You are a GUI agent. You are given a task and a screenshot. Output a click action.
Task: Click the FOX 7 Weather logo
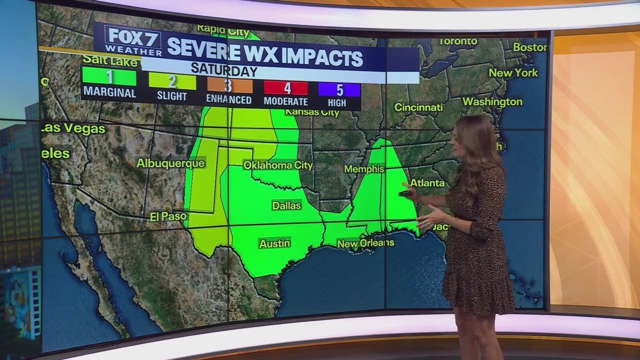tap(133, 41)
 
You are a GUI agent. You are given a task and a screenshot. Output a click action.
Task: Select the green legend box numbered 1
tap(109, 77)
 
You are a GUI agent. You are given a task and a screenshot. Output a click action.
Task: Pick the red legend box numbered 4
tap(286, 88)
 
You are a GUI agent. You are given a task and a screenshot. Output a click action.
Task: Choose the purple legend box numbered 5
tap(339, 90)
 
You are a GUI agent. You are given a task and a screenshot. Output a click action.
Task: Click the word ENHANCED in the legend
tap(229, 100)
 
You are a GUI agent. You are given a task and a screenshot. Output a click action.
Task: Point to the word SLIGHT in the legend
tap(172, 96)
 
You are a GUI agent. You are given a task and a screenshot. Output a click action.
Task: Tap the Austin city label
tap(274, 243)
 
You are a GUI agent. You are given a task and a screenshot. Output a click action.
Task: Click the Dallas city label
tap(286, 205)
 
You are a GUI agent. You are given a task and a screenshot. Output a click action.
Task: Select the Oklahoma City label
tap(278, 165)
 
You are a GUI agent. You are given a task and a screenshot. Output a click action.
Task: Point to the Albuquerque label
tap(170, 163)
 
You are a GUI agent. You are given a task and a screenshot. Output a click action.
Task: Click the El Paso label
tap(168, 216)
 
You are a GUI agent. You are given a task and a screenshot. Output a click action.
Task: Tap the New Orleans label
tap(365, 243)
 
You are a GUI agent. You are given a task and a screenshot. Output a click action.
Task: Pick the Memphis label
tap(364, 169)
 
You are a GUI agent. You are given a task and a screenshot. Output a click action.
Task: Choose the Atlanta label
tap(427, 183)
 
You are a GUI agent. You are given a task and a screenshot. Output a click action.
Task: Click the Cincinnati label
tap(418, 107)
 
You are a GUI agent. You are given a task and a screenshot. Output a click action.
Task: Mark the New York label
tap(513, 72)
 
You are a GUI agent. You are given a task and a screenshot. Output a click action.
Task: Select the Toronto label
tap(458, 41)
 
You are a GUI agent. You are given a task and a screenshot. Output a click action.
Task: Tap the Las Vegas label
tap(73, 128)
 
